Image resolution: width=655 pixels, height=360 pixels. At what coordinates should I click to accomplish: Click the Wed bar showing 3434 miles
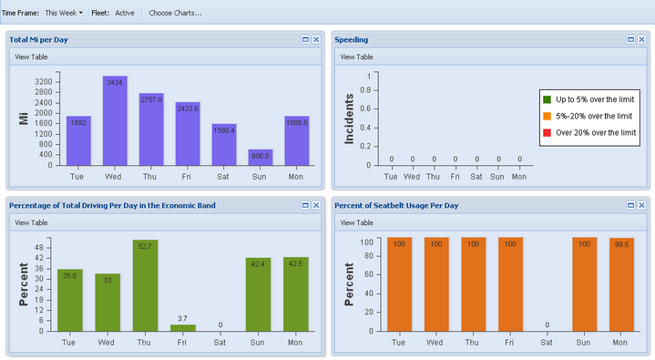click(x=115, y=120)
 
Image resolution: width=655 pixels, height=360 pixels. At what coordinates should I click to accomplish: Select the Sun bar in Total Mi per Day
click(x=261, y=157)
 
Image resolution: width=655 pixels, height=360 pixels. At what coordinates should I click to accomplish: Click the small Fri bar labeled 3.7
click(x=183, y=327)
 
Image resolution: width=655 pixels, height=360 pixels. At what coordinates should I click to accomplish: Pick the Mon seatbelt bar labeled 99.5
click(x=621, y=284)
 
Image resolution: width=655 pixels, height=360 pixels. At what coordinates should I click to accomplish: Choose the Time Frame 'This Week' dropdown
click(x=63, y=13)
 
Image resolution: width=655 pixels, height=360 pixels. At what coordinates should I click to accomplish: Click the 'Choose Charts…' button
click(x=175, y=13)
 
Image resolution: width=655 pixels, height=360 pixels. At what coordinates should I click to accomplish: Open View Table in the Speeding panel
click(x=356, y=57)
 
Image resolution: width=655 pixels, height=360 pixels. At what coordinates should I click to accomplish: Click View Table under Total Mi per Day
click(x=30, y=57)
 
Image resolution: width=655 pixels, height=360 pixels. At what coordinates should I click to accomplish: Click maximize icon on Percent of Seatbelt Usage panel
click(x=630, y=206)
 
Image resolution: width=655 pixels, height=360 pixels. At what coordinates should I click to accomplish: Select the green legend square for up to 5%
click(x=548, y=99)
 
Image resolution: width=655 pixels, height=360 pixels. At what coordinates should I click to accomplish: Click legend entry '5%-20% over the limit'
click(x=593, y=117)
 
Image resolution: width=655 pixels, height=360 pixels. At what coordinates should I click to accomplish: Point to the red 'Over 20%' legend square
click(x=548, y=133)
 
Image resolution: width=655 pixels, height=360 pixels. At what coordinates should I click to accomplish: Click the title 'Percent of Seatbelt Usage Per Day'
click(x=396, y=206)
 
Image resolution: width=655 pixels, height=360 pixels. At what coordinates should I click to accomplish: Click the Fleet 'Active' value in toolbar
click(x=125, y=13)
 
